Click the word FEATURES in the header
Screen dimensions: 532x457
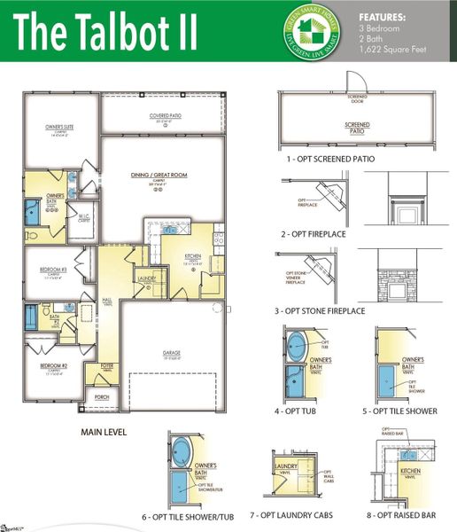click(x=382, y=17)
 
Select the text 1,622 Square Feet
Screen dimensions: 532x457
click(x=392, y=49)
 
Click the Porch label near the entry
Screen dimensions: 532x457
click(x=101, y=396)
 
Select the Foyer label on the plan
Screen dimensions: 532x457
click(x=106, y=364)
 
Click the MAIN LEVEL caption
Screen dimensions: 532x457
click(x=104, y=433)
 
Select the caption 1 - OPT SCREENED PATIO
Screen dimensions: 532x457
click(x=330, y=159)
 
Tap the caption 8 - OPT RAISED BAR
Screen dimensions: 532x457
click(x=408, y=515)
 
